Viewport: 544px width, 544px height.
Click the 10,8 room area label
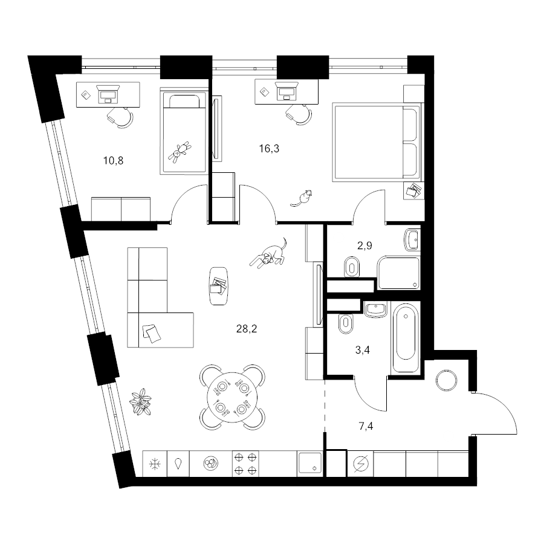(x=113, y=161)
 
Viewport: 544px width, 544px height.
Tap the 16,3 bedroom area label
(x=269, y=149)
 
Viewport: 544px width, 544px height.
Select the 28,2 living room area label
(x=247, y=329)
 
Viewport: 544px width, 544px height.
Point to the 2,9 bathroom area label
(x=364, y=245)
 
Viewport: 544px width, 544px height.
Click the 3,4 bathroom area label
(x=363, y=350)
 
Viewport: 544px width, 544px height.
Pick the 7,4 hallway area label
(x=366, y=426)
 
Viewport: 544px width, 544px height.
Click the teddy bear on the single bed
(x=180, y=152)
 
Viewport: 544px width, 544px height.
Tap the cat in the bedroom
(x=301, y=198)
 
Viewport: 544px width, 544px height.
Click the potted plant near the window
(x=140, y=402)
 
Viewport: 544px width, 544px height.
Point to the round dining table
(x=232, y=397)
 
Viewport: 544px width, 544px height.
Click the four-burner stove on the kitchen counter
(x=245, y=464)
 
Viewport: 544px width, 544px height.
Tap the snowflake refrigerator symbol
(x=155, y=464)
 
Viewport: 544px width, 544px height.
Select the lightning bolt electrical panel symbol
(x=360, y=464)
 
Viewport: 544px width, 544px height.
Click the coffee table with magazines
(x=219, y=285)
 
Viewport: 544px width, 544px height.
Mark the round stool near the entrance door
(x=447, y=381)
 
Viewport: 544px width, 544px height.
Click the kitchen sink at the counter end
(x=309, y=464)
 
